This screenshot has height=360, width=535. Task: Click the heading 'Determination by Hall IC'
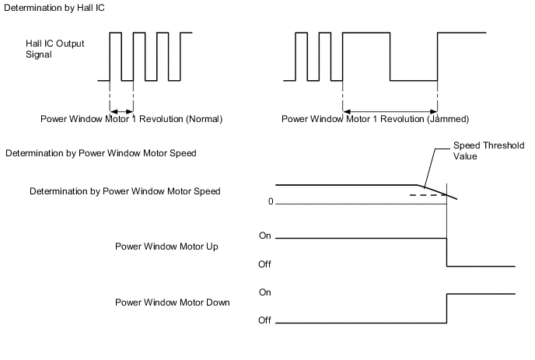click(x=54, y=7)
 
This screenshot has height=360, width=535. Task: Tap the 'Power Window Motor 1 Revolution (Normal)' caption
click(x=131, y=120)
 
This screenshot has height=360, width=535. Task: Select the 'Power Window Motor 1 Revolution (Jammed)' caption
click(x=375, y=120)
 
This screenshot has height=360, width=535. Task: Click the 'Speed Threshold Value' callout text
click(x=489, y=150)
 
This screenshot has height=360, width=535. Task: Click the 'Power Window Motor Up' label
click(x=166, y=246)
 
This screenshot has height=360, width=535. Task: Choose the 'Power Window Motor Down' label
click(x=172, y=302)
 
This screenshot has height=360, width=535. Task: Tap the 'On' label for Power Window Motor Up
click(x=264, y=235)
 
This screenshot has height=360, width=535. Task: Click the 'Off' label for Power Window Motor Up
click(x=264, y=264)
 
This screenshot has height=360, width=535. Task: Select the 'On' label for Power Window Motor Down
click(x=264, y=292)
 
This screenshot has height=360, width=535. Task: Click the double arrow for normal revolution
click(x=121, y=109)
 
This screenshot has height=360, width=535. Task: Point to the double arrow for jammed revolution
click(x=390, y=109)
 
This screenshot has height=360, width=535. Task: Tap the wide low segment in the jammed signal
click(x=414, y=80)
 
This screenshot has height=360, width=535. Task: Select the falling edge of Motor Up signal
click(x=447, y=252)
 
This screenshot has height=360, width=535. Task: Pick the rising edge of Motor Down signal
click(x=447, y=308)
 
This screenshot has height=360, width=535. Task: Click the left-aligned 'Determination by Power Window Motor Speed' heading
click(x=100, y=153)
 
